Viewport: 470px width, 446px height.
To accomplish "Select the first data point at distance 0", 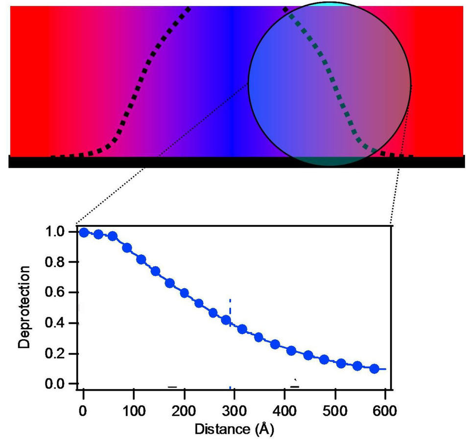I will (84, 232).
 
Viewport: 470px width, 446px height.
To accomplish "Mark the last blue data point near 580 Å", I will (374, 369).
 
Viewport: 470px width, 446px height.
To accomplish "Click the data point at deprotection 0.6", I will (185, 293).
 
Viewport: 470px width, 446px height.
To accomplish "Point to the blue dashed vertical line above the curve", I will (230, 309).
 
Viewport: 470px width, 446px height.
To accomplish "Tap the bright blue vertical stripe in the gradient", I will (232, 78).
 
